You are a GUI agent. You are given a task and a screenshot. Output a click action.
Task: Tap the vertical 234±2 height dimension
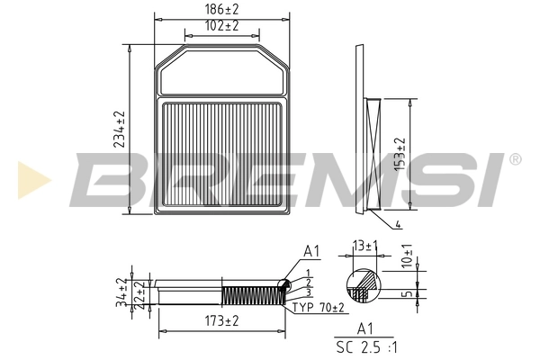118,130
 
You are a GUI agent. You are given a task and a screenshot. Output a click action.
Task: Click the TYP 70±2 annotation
319,308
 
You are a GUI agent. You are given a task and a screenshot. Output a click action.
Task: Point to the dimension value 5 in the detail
407,292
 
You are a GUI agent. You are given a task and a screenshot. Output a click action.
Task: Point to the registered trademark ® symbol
515,159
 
